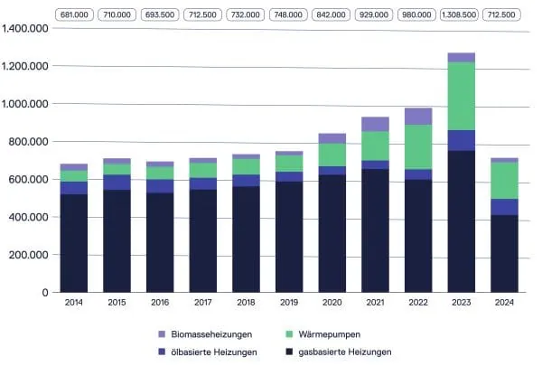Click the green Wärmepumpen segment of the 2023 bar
[x=461, y=96]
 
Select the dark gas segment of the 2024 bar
[x=504, y=253]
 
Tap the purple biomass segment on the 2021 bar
[x=375, y=124]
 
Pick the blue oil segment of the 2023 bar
[x=461, y=140]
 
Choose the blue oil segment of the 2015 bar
[x=117, y=182]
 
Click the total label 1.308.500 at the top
[x=461, y=14]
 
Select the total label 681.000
[x=73, y=14]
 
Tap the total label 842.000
[x=332, y=14]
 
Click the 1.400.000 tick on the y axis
[x=24, y=30]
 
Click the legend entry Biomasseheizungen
[x=205, y=333]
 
